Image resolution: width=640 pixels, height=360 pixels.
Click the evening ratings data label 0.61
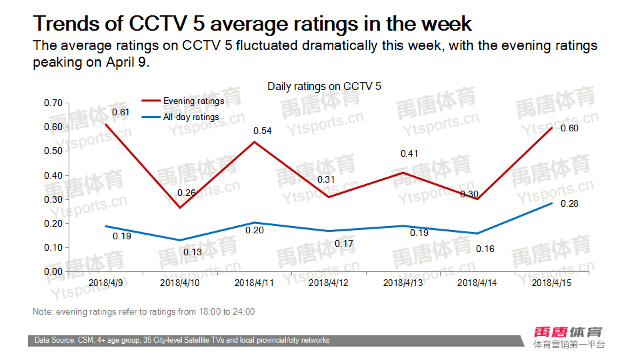[120, 112]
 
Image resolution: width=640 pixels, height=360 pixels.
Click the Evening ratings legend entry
[193, 101]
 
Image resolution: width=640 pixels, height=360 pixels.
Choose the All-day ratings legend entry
[191, 117]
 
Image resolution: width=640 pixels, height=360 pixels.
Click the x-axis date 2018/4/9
[105, 283]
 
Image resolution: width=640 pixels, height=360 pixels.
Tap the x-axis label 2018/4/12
[329, 283]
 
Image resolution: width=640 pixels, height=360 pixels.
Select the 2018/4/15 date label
[551, 283]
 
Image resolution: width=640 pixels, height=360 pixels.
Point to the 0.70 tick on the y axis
[53, 103]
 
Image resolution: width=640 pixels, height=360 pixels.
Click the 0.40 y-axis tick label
[53, 175]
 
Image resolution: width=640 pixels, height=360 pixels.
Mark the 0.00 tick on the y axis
[53, 271]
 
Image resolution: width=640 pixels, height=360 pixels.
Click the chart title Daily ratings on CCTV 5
[324, 87]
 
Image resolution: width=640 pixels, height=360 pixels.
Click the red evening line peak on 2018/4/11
[254, 141]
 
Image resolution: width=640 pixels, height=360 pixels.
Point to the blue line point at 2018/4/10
[179, 240]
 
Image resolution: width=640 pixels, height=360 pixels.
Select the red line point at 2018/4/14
[477, 199]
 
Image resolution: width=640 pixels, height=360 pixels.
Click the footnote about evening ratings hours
[143, 311]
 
